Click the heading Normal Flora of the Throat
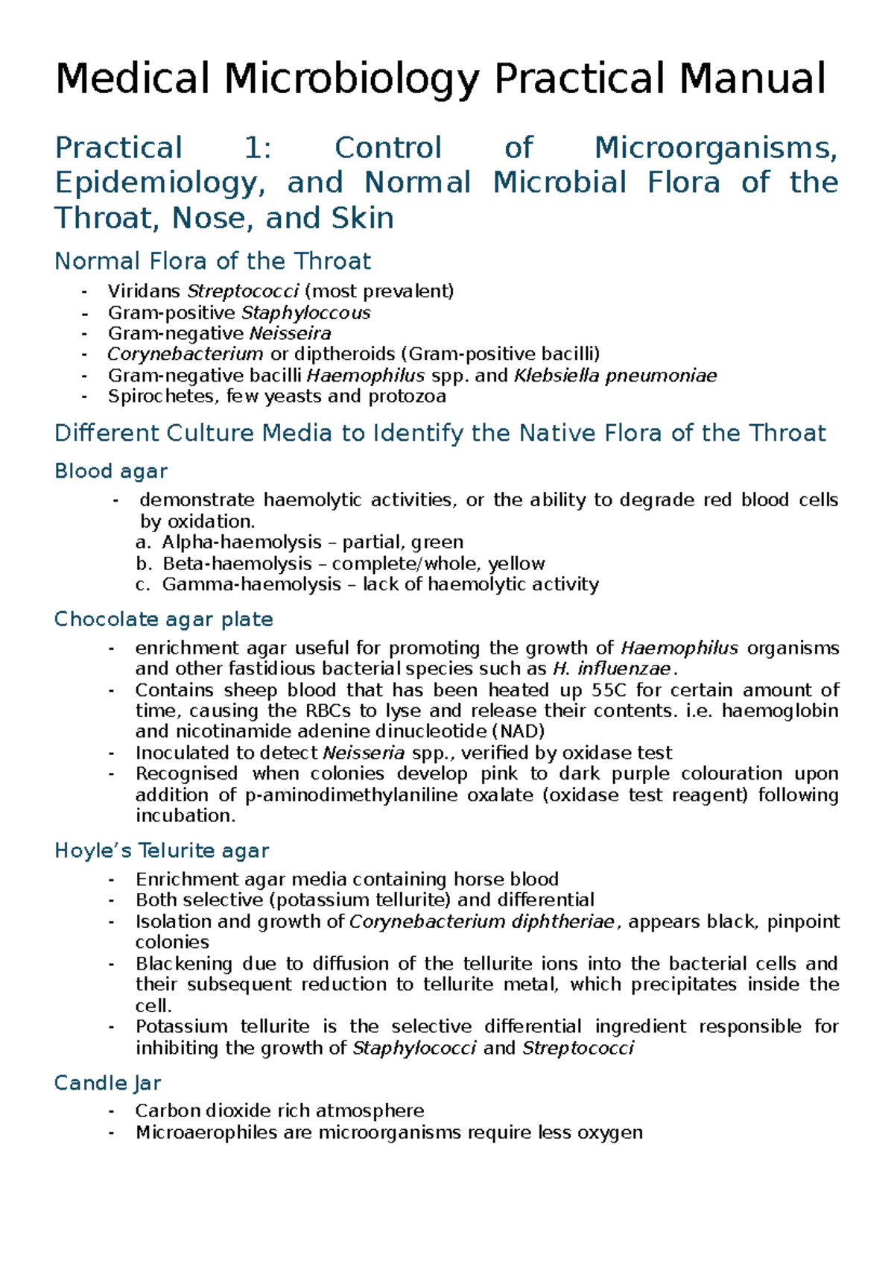click(212, 261)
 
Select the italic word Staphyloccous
click(306, 312)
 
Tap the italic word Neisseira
click(291, 333)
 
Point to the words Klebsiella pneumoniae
click(615, 375)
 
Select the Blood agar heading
click(111, 471)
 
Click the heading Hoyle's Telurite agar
click(162, 850)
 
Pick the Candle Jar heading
click(108, 1083)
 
